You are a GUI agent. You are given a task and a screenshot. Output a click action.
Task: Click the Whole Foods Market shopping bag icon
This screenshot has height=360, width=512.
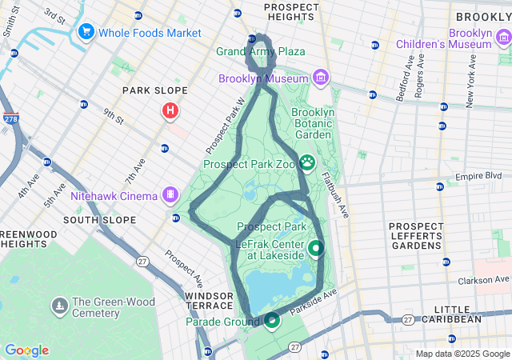tap(86, 32)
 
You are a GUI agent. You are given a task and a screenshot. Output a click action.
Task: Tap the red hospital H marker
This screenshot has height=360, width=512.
tap(170, 111)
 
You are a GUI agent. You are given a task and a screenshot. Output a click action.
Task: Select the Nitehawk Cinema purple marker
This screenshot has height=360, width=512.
tap(170, 194)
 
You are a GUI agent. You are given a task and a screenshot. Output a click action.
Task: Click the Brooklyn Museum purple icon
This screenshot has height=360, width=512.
tap(320, 78)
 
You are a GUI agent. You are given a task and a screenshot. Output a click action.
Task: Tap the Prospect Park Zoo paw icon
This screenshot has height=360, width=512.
tap(307, 163)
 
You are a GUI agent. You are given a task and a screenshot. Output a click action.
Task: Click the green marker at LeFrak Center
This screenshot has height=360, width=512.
tap(315, 248)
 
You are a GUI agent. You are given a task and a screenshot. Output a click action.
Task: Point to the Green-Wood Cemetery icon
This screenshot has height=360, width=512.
tap(60, 306)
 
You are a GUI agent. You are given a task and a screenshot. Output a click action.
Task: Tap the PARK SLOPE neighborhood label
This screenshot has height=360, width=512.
tap(154, 90)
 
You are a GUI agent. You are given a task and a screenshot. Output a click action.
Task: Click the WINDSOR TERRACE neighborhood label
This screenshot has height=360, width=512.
tap(209, 302)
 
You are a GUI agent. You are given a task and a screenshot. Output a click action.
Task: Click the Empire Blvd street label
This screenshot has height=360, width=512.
tap(478, 176)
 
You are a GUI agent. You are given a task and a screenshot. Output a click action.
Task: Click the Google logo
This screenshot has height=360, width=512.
tap(26, 350)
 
